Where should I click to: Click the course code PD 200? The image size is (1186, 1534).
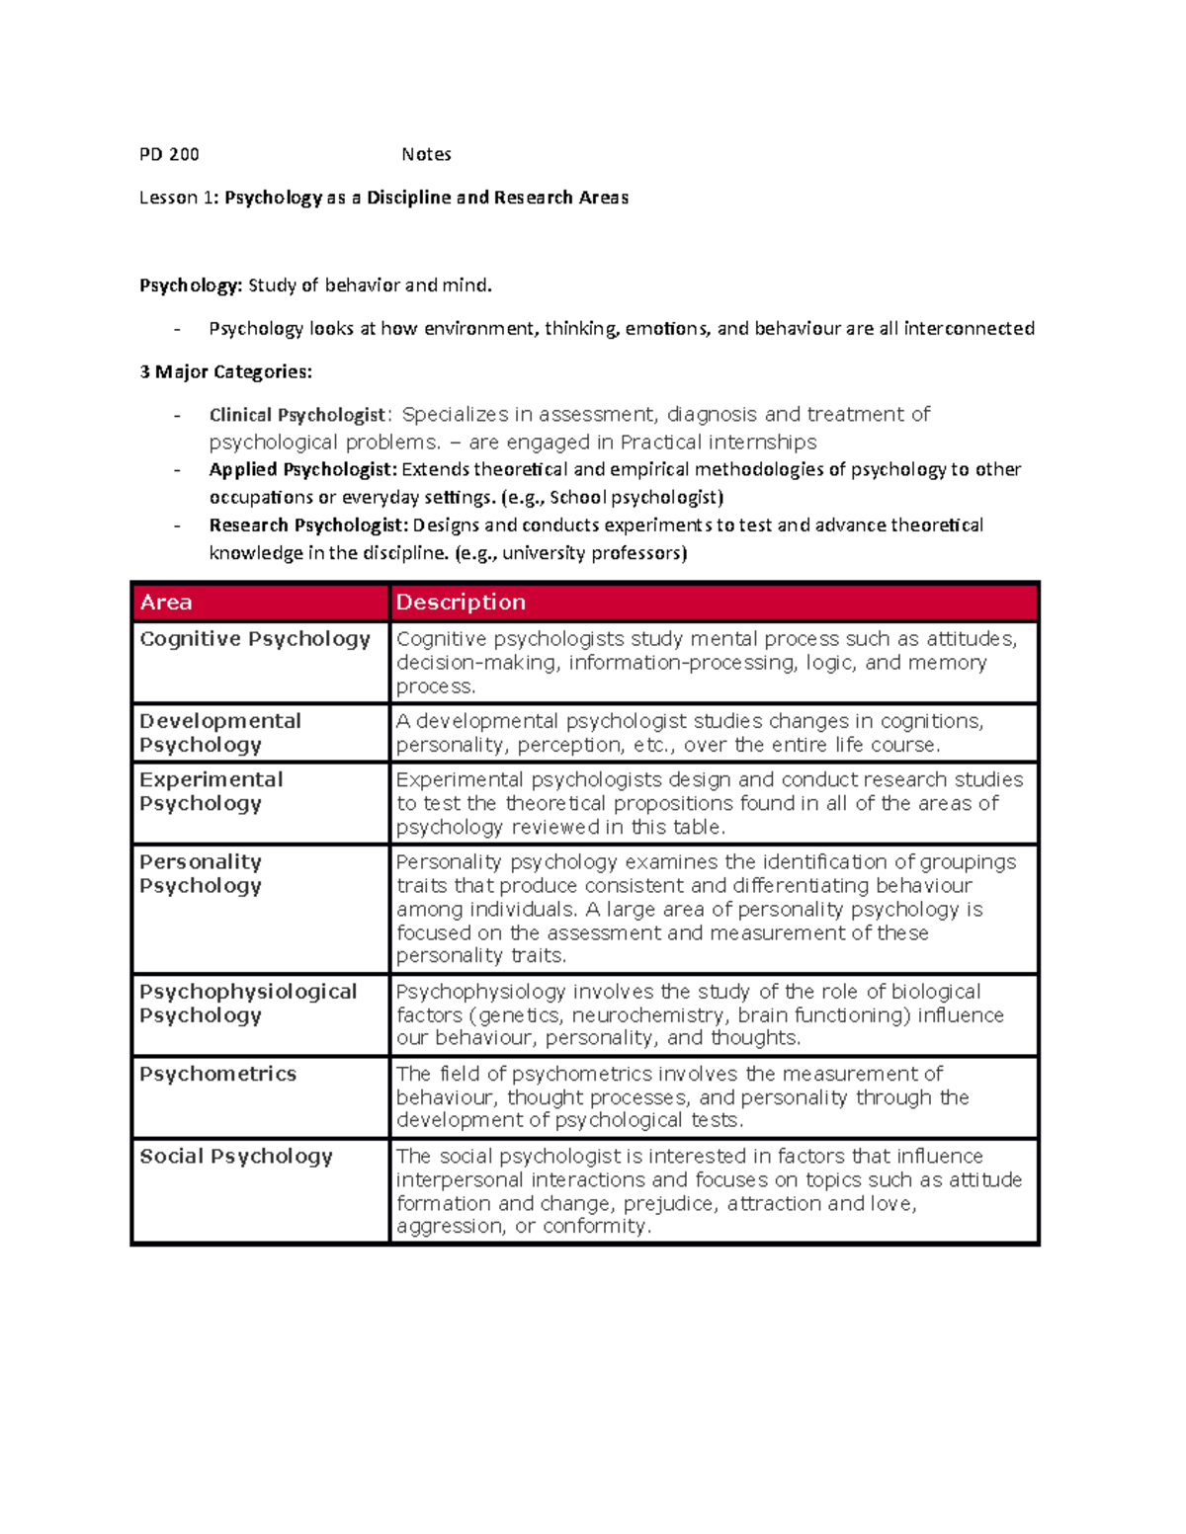click(x=169, y=154)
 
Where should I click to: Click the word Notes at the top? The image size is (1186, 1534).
click(x=426, y=154)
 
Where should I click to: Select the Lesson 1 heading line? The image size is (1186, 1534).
click(x=383, y=198)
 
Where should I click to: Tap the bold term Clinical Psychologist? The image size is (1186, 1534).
click(x=296, y=415)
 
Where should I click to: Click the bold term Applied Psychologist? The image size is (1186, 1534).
click(x=302, y=469)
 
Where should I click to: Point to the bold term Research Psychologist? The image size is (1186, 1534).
click(x=308, y=525)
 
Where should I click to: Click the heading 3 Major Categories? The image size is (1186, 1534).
click(x=225, y=371)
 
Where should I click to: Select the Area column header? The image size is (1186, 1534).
click(x=166, y=602)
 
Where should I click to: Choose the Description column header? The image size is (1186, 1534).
click(x=461, y=602)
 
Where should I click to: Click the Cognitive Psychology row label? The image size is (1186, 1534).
click(x=255, y=639)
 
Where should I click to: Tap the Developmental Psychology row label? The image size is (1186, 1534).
click(x=219, y=732)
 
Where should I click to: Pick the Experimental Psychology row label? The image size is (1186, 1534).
click(x=211, y=791)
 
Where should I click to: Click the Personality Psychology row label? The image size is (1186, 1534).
click(x=201, y=873)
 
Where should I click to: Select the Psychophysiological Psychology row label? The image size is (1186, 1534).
click(x=247, y=1003)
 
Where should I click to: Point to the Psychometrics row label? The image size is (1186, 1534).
click(x=217, y=1074)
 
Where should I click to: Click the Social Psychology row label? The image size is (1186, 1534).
click(x=236, y=1156)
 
